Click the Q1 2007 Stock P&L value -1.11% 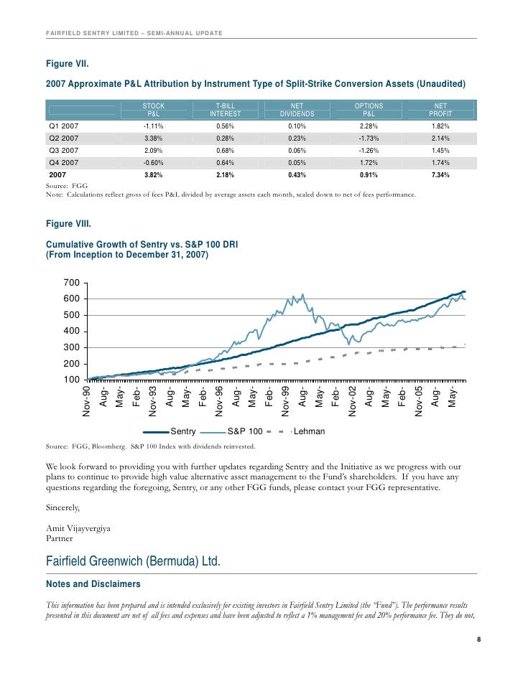coord(154,126)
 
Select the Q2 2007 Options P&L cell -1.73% coord(369,139)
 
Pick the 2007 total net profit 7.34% coord(440,175)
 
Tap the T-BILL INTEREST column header coord(226,110)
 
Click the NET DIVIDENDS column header coord(297,110)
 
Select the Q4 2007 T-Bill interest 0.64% coord(226,163)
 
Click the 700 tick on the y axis coord(72,283)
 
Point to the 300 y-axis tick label coord(72,347)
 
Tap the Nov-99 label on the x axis coord(285,401)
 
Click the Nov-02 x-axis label coord(352,401)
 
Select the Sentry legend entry coord(169,431)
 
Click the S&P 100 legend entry coord(232,431)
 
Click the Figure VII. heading coord(68,64)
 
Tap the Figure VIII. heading coord(69,224)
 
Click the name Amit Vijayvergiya coord(78,529)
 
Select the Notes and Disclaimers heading coord(93,583)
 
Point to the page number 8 coord(478,639)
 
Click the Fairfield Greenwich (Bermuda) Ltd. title coord(134,561)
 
